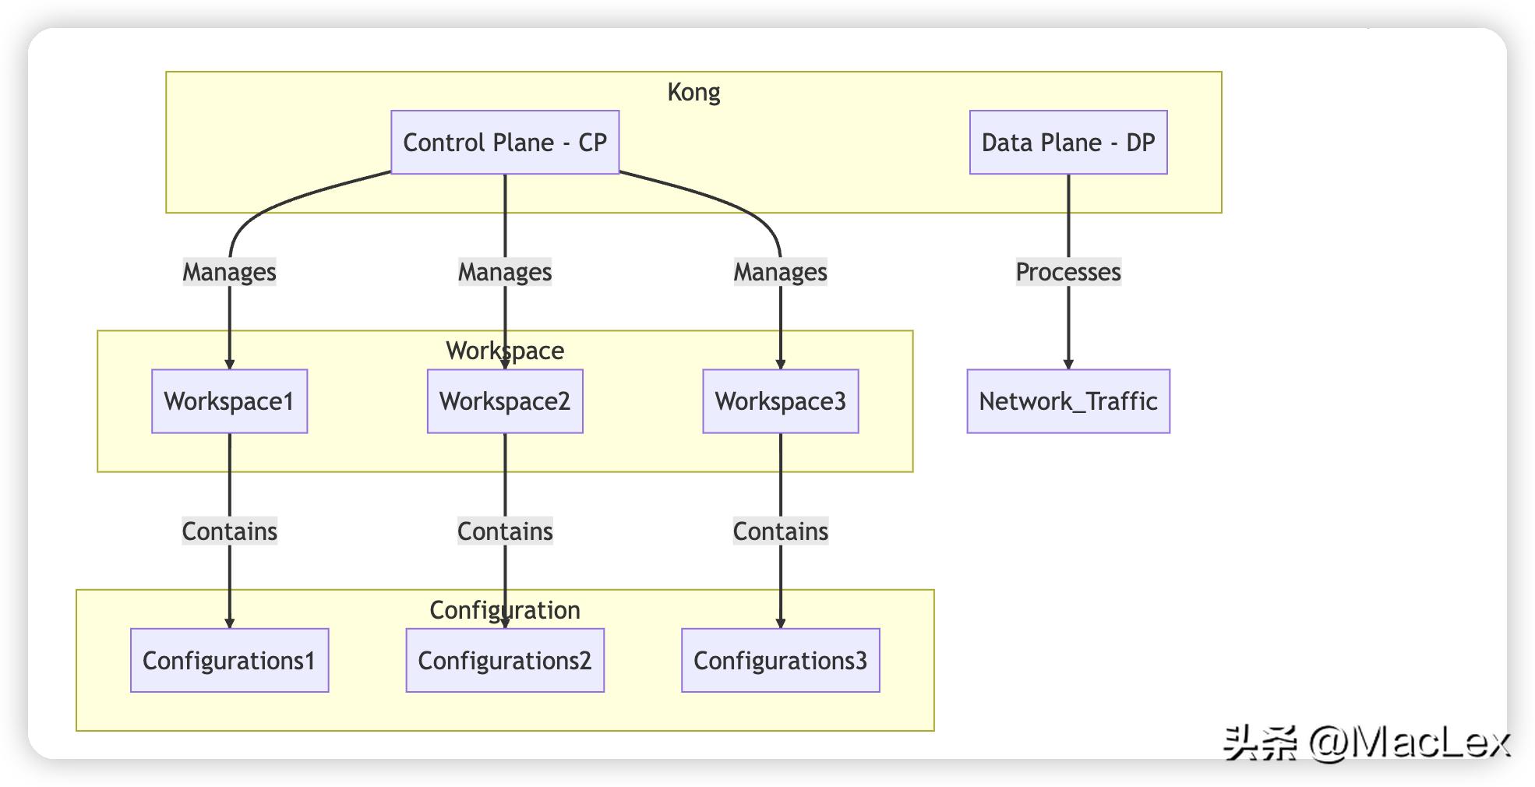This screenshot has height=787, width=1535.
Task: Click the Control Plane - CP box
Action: [x=505, y=143]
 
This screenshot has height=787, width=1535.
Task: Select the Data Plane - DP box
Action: [x=1067, y=143]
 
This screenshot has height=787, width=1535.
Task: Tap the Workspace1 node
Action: [x=229, y=401]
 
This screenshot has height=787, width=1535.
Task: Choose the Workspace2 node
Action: [x=505, y=401]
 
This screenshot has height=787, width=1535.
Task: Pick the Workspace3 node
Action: [x=780, y=401]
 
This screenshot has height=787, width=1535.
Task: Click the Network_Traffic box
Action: [x=1067, y=401]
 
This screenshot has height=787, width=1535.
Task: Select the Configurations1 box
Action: [x=229, y=661]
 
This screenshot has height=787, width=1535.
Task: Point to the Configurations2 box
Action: [x=505, y=661]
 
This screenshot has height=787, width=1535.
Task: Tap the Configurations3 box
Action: [x=780, y=661]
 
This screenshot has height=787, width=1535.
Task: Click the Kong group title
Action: [x=693, y=92]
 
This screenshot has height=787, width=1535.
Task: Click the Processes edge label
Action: [x=1067, y=272]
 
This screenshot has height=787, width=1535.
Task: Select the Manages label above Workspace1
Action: [x=229, y=272]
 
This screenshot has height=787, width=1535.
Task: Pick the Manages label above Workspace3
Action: [x=780, y=272]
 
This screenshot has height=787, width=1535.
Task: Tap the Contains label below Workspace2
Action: [x=505, y=531]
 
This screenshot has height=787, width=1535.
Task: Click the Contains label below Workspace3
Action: [x=780, y=531]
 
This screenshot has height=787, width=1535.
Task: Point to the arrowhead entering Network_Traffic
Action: [x=1068, y=364]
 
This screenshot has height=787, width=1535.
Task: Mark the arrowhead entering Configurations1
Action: [x=229, y=623]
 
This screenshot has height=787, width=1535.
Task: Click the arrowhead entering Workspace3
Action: [x=780, y=364]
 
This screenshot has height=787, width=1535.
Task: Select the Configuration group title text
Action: [x=505, y=610]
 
